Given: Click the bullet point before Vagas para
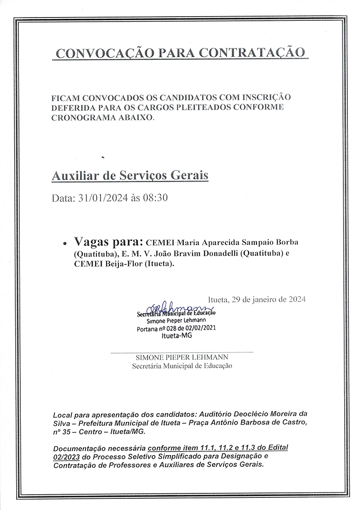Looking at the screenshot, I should (65, 242).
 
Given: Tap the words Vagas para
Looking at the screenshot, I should (108, 241).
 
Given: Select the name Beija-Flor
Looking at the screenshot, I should (122, 265).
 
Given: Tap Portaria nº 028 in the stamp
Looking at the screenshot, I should (158, 329).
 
